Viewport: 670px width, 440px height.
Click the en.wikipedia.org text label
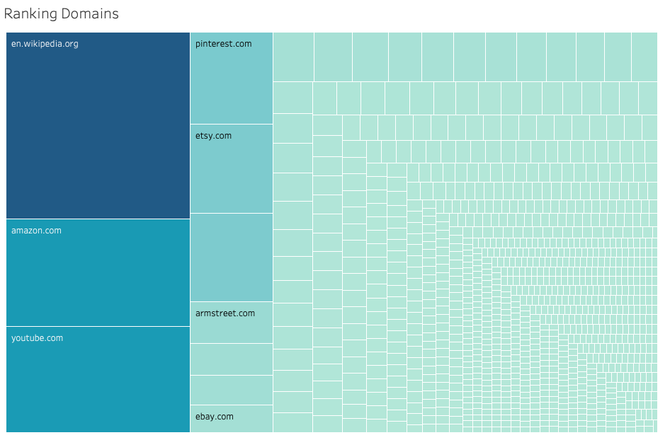point(45,44)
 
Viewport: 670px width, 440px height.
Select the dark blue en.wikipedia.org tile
point(98,125)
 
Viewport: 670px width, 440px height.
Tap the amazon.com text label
point(36,231)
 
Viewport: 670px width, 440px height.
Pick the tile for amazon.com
point(98,273)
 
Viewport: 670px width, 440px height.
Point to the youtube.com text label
point(37,338)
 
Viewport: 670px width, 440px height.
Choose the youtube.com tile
point(98,379)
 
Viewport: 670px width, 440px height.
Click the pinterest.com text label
point(224,44)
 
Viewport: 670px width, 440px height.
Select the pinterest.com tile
point(232,78)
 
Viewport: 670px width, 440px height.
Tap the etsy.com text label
point(213,136)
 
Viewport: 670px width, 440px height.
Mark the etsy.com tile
point(232,168)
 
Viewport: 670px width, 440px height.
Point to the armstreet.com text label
point(225,313)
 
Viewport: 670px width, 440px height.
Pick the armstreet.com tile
point(232,323)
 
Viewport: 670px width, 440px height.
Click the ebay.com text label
point(215,417)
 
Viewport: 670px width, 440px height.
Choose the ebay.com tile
point(232,419)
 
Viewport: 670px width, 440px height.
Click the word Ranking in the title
point(30,14)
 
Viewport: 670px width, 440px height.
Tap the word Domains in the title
point(90,13)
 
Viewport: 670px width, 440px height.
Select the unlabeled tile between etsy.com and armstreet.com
point(232,257)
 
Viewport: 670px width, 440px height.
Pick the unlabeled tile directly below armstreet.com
point(232,359)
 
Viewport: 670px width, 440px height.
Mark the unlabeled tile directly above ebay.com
point(232,390)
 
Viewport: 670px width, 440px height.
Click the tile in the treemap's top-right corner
point(645,57)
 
